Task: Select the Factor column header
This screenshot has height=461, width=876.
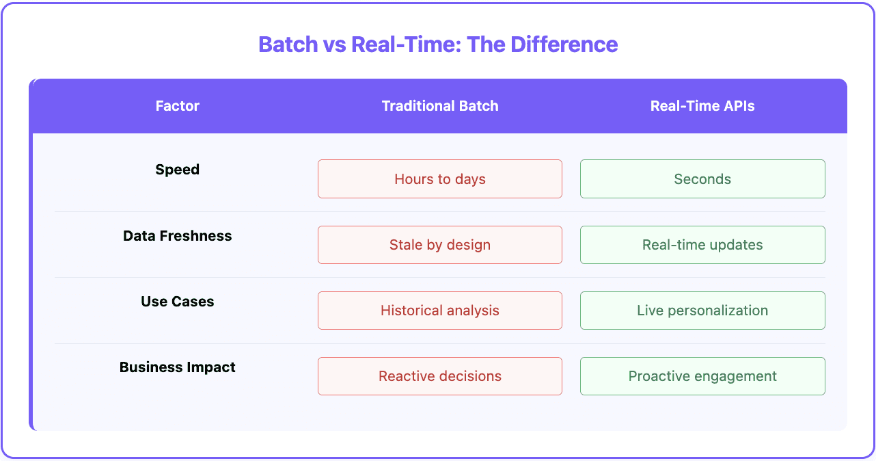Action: pos(177,106)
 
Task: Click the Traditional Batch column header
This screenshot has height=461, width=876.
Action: pos(440,106)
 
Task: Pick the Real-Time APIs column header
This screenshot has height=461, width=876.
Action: pos(702,106)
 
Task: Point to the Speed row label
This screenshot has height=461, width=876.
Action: pos(177,170)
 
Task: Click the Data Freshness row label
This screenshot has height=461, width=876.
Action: pos(177,236)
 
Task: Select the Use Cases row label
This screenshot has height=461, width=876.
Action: pos(177,302)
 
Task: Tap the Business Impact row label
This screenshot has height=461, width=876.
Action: pos(177,367)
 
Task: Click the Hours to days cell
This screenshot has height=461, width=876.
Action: pos(440,179)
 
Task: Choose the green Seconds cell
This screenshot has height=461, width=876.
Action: pos(702,179)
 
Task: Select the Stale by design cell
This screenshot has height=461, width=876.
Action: pos(440,245)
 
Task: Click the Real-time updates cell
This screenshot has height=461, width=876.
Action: pos(702,245)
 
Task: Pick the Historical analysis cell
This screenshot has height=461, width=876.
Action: pos(440,311)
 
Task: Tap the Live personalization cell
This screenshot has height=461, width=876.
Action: pos(702,311)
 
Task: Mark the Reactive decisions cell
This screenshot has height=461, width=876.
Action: pos(440,376)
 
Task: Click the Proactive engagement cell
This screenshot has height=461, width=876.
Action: pos(702,376)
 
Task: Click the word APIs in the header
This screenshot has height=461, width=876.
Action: pos(739,106)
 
